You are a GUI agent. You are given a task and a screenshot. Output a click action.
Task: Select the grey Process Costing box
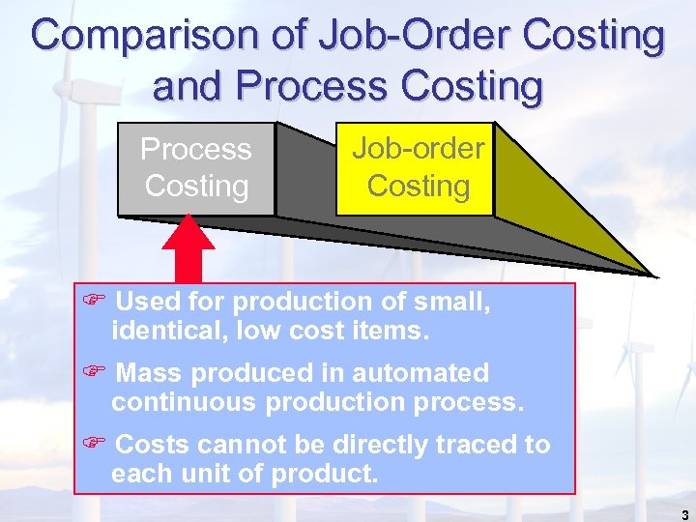click(x=196, y=168)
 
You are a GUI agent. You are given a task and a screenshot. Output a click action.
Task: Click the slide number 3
click(x=684, y=515)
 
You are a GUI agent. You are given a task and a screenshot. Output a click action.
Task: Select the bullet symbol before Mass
click(x=93, y=373)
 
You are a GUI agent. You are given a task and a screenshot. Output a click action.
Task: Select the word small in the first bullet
click(x=446, y=303)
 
